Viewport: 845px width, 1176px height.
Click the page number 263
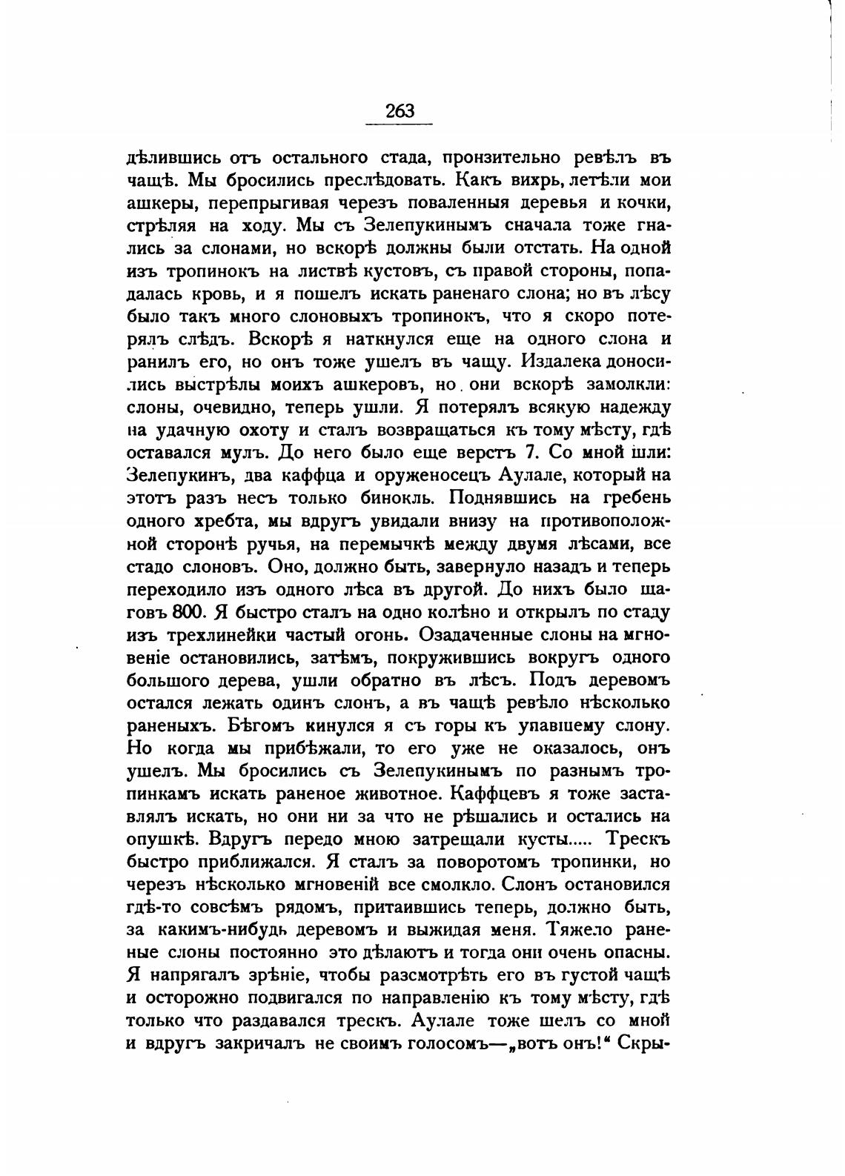[400, 111]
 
